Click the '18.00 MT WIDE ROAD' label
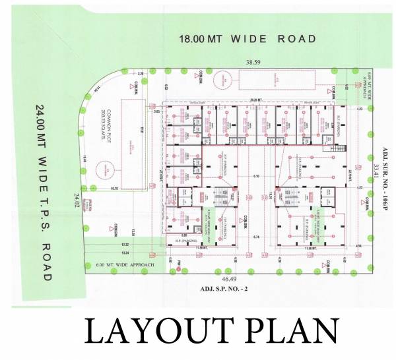(x=248, y=39)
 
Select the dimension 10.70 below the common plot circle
(x=114, y=189)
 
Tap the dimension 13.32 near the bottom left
(x=125, y=244)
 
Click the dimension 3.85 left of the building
(x=156, y=113)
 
